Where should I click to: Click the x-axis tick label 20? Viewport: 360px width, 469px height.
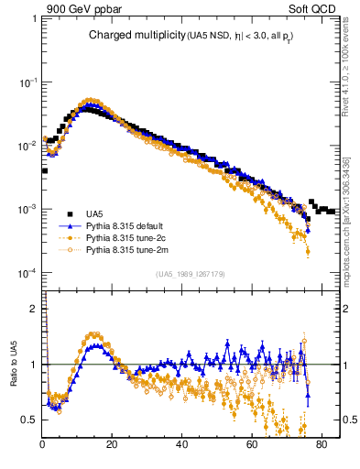(x=112, y=446)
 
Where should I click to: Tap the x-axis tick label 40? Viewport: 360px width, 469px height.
(x=181, y=446)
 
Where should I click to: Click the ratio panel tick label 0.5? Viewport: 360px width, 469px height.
(x=29, y=420)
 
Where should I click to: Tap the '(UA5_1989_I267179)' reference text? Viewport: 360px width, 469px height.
(x=191, y=274)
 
